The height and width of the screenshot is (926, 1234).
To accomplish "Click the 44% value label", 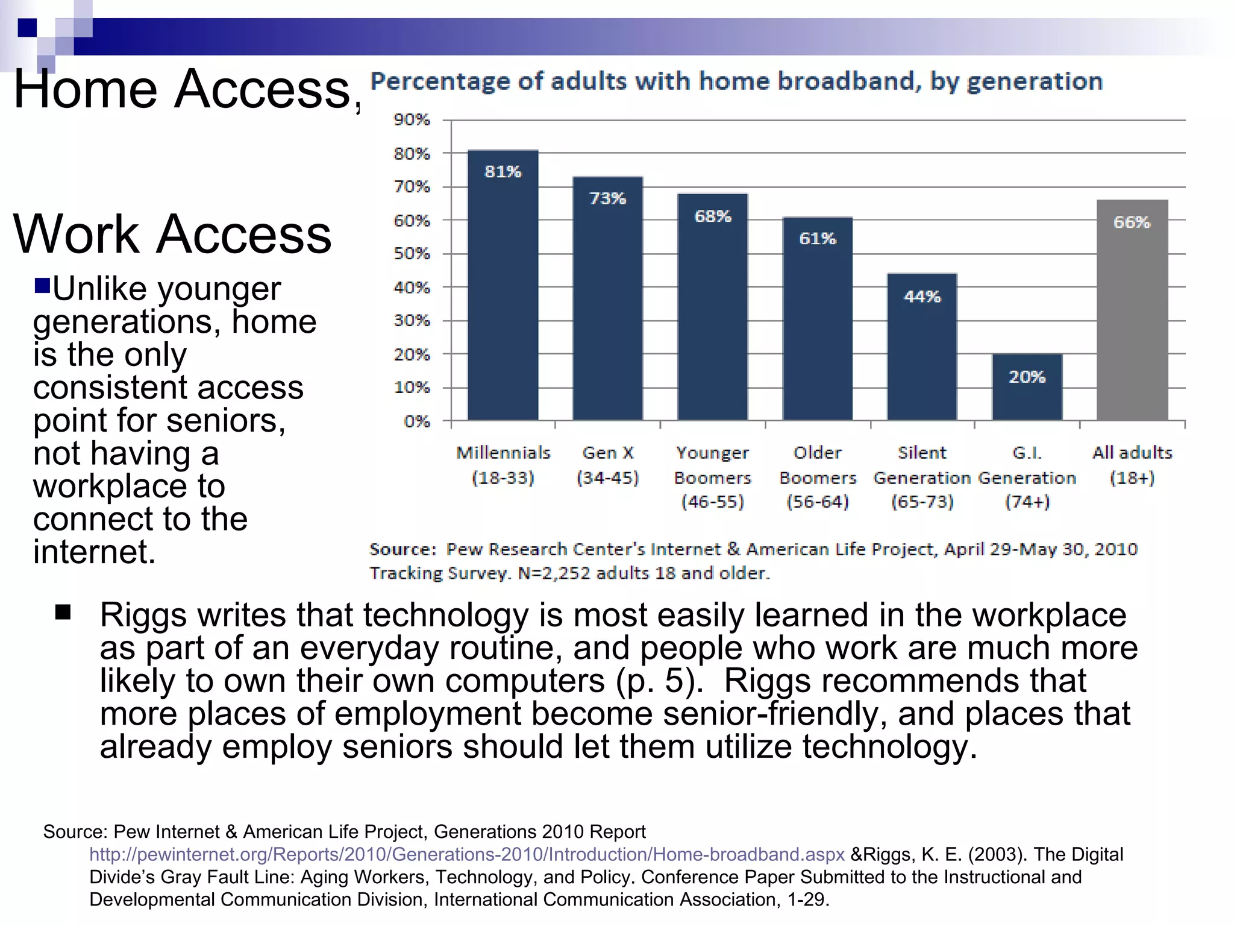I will (922, 297).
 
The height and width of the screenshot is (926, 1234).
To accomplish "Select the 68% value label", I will (713, 216).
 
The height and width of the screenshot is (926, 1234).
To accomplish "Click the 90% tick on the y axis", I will (412, 120).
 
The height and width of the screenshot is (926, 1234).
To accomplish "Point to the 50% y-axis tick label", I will (412, 254).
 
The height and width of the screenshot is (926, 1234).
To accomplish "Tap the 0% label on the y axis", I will (417, 421).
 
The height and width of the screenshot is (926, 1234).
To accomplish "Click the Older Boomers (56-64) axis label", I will (818, 477).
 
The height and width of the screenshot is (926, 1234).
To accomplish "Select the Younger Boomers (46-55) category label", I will (713, 477).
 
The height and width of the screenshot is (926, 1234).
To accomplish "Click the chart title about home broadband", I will (736, 81).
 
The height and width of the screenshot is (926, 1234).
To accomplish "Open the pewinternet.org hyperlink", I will (467, 854).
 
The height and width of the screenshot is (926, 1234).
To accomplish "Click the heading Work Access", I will (172, 234).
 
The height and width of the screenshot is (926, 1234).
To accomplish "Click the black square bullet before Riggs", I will (63, 613).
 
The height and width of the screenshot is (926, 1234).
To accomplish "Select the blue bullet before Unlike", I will (42, 285).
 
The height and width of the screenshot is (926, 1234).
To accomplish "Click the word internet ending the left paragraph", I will (94, 552).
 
